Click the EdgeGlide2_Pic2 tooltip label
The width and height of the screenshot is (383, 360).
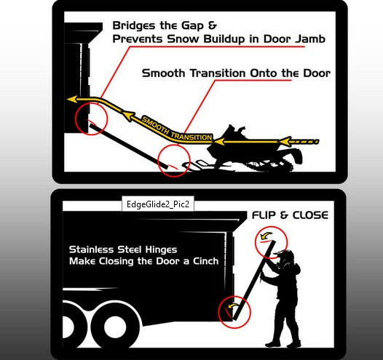point(158,204)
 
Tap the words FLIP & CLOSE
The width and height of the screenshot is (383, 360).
point(290,215)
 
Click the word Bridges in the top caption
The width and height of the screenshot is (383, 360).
point(133,26)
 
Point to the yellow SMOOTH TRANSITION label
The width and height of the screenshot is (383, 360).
point(177,129)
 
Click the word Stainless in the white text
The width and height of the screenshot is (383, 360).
point(91,249)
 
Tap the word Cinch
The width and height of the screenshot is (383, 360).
point(205,261)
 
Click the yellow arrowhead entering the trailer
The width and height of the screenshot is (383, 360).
point(72,99)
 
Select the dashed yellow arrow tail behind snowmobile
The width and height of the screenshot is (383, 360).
point(305,142)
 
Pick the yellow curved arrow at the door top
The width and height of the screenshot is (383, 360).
point(266,236)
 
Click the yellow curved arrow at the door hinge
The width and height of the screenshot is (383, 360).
point(232,305)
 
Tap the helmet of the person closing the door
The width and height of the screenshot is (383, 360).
point(285,256)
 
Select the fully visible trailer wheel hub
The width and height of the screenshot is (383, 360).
point(116,327)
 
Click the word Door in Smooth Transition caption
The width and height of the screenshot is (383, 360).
point(317,73)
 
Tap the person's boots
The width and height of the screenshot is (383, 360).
point(283,343)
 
